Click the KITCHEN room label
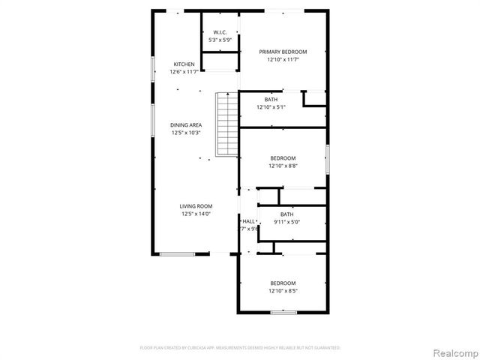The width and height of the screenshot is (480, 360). tap(184, 64)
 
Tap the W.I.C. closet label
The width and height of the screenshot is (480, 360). tap(220, 32)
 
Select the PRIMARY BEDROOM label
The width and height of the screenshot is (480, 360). tap(283, 52)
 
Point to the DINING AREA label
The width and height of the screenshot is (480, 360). tap(184, 125)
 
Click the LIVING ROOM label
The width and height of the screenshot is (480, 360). tap(196, 206)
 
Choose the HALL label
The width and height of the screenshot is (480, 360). tap(248, 221)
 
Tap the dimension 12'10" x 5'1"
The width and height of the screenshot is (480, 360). tap(271, 108)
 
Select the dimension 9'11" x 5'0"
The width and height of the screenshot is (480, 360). tap(287, 222)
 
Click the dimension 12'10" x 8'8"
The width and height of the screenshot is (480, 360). tap(283, 166)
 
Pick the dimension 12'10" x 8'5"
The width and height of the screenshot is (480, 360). tap(283, 290)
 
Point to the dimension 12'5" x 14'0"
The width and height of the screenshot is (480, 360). tap(196, 214)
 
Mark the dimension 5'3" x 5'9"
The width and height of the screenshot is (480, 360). tap(220, 40)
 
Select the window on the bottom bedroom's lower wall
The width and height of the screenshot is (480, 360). tap(283, 312)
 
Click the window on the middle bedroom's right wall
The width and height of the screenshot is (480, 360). tap(328, 160)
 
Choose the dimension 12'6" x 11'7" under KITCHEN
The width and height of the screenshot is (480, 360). tap(184, 71)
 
